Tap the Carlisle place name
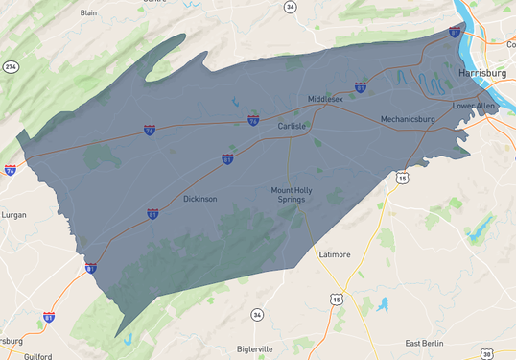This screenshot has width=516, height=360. coord(292,126)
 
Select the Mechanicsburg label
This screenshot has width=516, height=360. coord(408,119)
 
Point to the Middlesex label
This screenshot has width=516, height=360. coord(325,99)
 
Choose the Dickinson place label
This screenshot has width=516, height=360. coord(200,199)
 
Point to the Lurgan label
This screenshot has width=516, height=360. coord(14,215)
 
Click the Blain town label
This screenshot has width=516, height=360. coord(89,12)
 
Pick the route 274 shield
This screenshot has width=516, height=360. coord(11,66)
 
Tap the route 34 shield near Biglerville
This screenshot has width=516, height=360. coord(257,315)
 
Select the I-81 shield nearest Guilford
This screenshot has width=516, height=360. coord(49,317)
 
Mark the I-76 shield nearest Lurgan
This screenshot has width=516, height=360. coord(10,170)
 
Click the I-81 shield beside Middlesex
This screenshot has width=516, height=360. coord(360,87)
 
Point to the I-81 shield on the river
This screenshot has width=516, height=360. coord(454,32)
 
